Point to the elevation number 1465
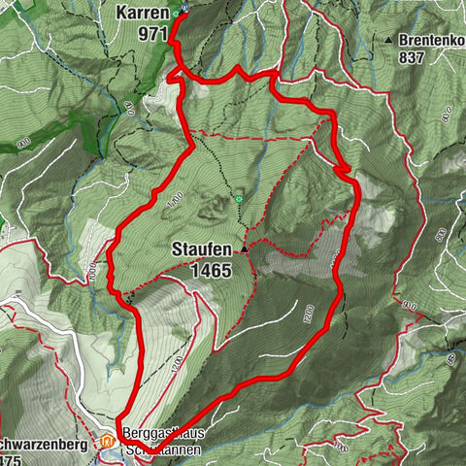211,271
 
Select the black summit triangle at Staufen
246,250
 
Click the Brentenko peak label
431,41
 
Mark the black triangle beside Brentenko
388,41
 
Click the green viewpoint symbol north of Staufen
237,200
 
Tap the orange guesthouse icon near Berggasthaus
106,445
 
